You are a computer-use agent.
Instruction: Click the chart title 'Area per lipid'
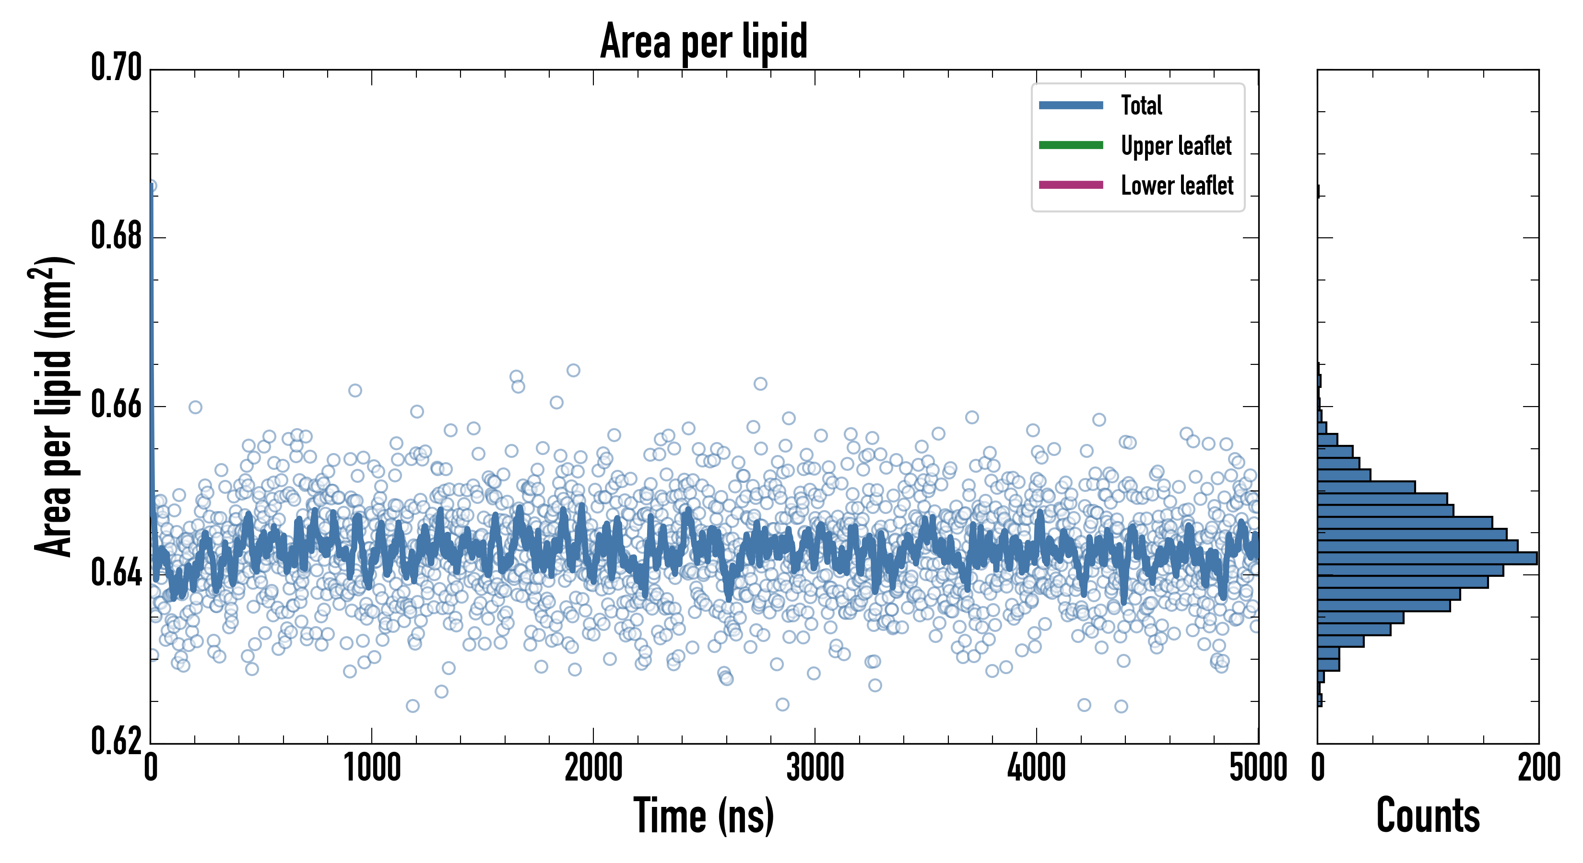(x=704, y=41)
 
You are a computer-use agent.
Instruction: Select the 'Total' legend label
(x=1141, y=105)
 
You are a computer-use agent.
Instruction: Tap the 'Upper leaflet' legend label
(x=1176, y=146)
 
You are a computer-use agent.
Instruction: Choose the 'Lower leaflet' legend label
(x=1177, y=186)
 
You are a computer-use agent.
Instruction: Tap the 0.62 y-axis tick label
(x=116, y=741)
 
